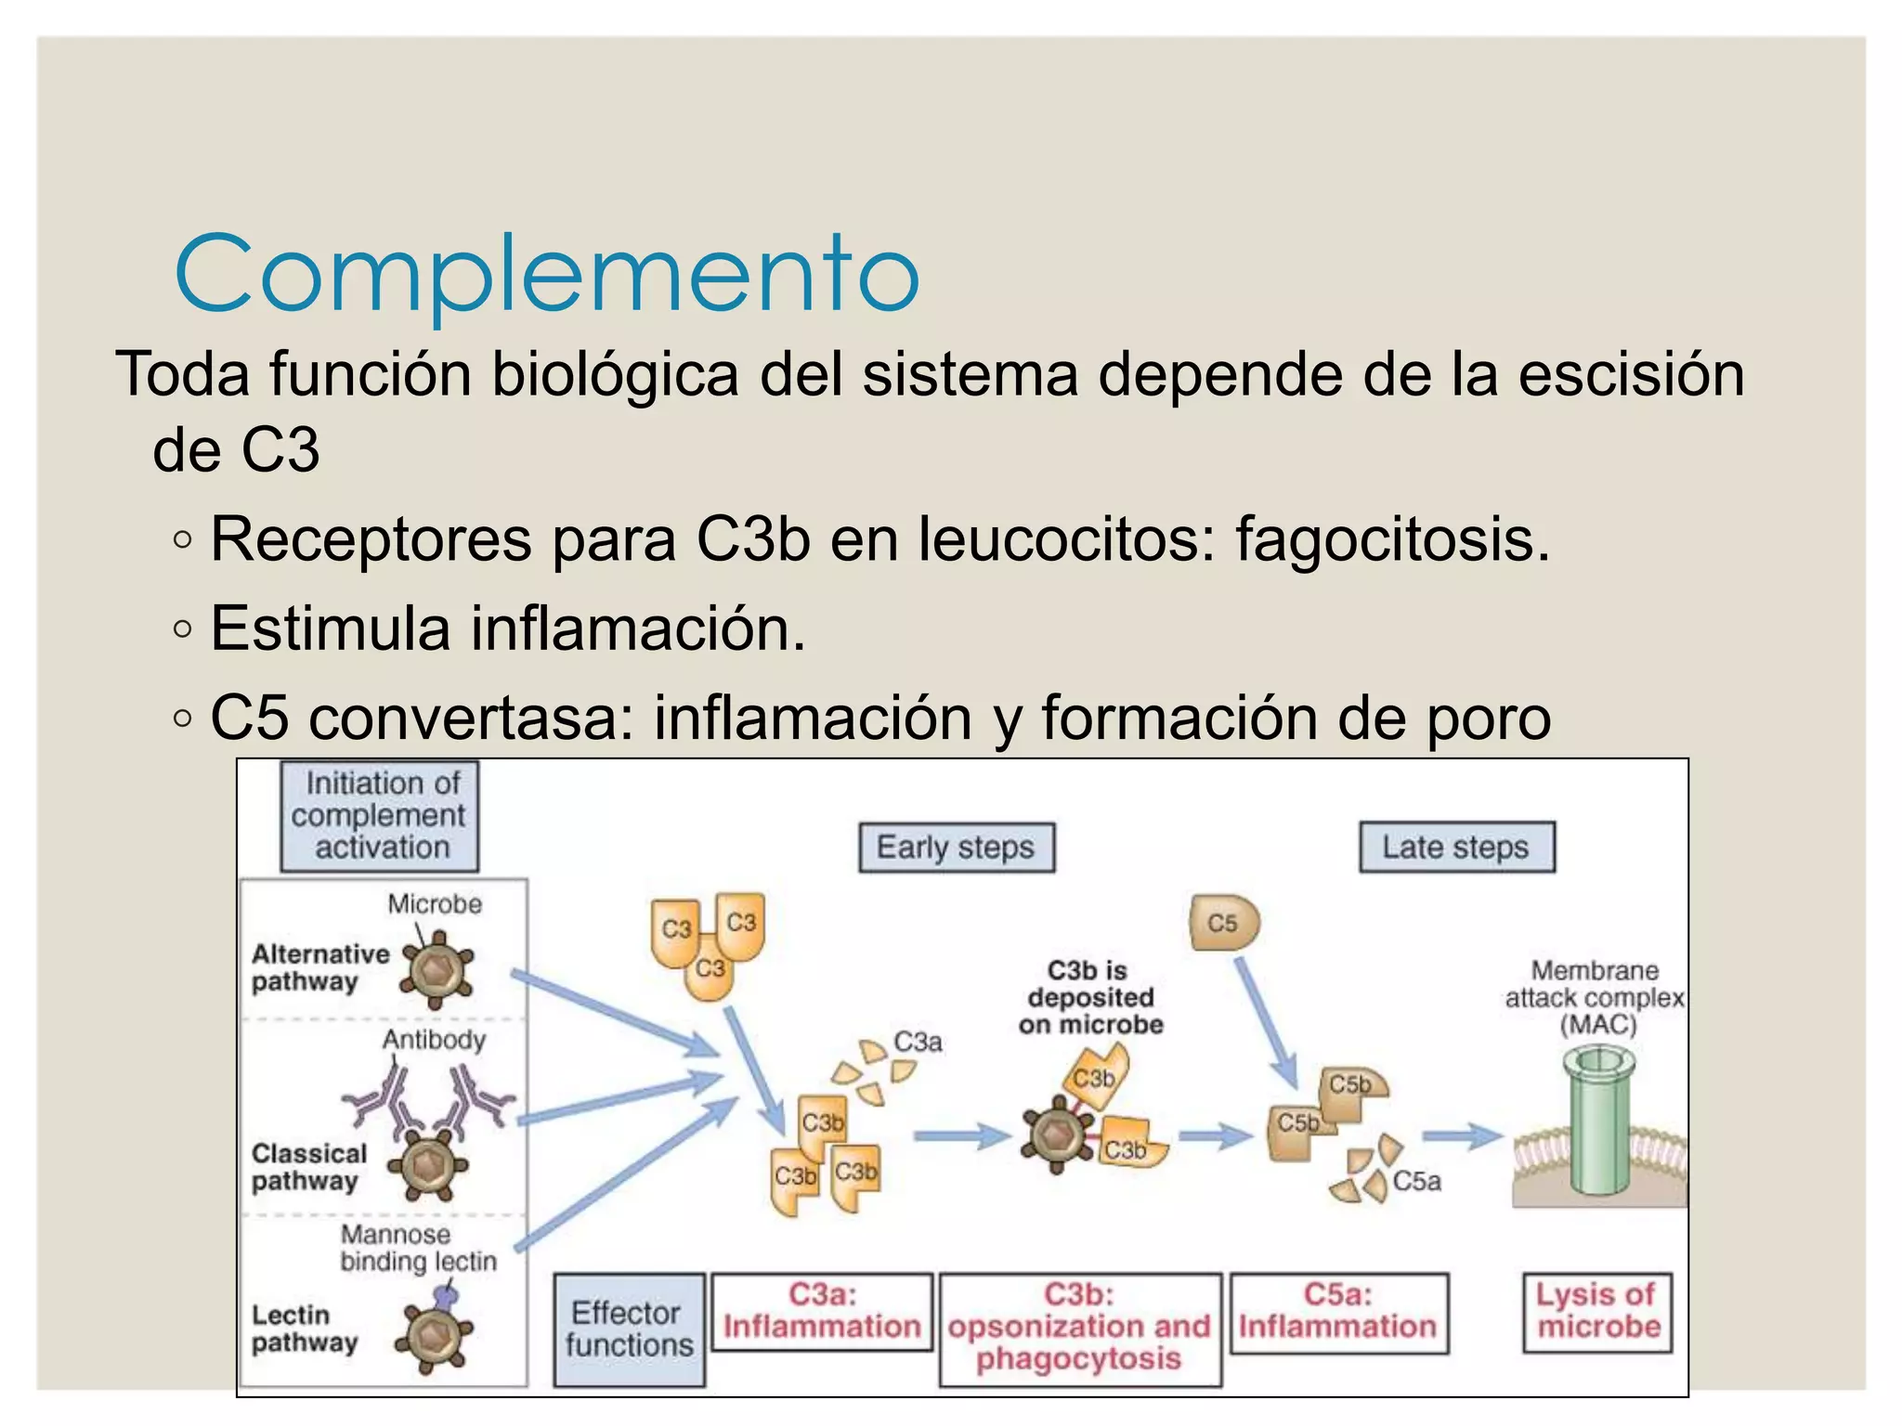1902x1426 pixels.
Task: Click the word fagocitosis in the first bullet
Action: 1392,539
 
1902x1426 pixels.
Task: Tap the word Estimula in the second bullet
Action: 330,629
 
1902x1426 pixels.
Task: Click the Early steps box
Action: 957,847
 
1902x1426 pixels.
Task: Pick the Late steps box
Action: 1456,847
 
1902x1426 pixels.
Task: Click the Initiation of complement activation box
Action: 380,816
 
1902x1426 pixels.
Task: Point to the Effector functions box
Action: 629,1329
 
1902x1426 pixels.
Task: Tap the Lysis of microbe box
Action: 1597,1312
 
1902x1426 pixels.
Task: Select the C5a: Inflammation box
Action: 1338,1313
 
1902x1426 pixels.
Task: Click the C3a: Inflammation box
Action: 822,1312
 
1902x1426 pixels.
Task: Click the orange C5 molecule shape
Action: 1224,923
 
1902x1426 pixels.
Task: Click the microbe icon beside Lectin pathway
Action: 434,1335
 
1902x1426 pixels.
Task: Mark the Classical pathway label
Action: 309,1167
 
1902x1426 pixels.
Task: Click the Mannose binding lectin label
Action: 418,1248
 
